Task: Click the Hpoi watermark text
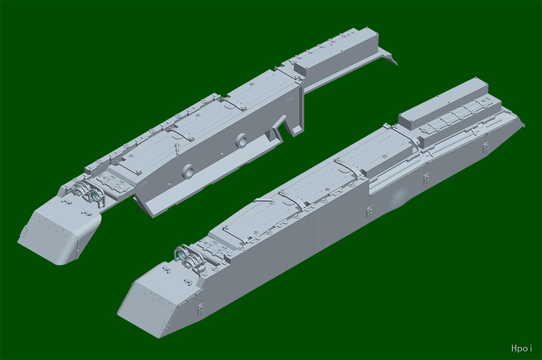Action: pos(521,348)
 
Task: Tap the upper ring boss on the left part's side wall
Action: pos(241,140)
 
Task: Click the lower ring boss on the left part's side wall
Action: pos(188,171)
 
